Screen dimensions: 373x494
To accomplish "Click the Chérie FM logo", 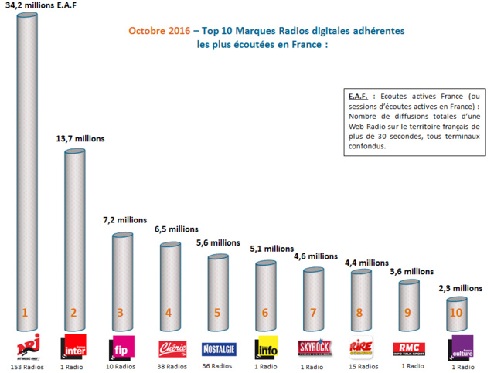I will tap(172, 347).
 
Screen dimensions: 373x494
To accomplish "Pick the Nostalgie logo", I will tap(218, 348).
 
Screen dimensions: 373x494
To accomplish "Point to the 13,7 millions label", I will tap(80, 139).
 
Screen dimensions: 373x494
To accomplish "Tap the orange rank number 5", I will tap(217, 313).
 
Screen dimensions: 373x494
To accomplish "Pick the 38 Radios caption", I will tap(172, 365).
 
